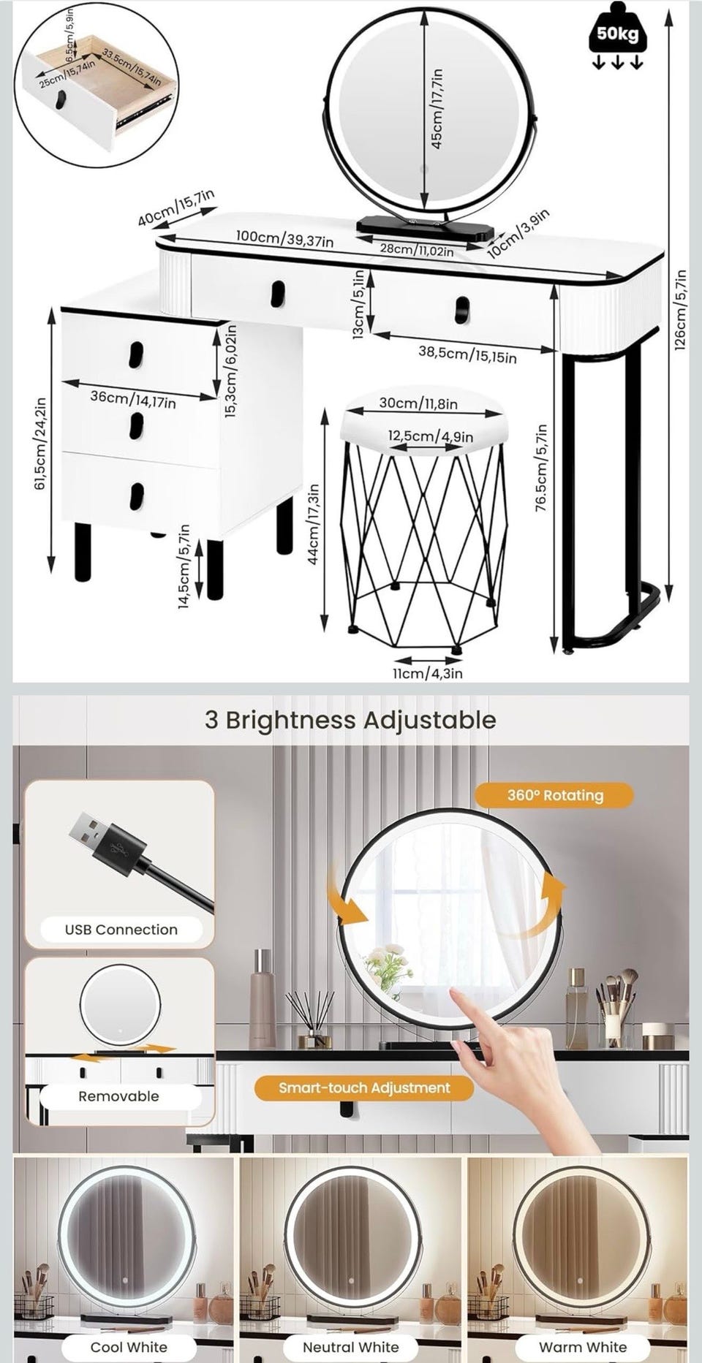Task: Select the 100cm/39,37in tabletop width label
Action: click(x=285, y=238)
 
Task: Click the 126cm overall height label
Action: click(x=681, y=309)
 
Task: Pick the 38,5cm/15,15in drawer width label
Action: click(x=467, y=354)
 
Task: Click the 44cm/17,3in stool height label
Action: click(x=313, y=523)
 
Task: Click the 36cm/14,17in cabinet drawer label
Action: click(x=133, y=398)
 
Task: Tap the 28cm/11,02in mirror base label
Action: click(x=417, y=250)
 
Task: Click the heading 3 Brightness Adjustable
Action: click(x=350, y=720)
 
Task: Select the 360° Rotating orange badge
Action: click(x=555, y=795)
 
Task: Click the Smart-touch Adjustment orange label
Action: click(x=364, y=1088)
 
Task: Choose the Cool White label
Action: click(x=129, y=1347)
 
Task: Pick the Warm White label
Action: click(x=583, y=1347)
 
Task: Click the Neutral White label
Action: click(x=351, y=1347)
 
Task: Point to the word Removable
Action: click(x=118, y=1096)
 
